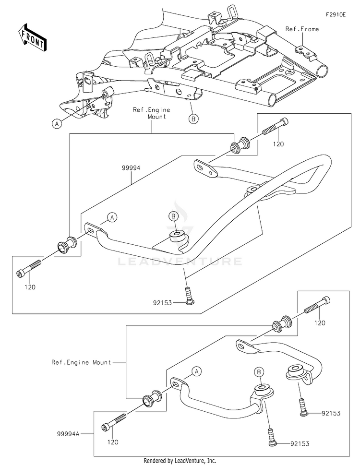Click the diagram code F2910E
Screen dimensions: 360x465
pos(336,14)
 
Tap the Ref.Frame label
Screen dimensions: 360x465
pos(302,29)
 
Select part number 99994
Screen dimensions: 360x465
pos(131,168)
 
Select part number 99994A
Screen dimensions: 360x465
pos(68,434)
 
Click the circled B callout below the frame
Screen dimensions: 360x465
pos(193,119)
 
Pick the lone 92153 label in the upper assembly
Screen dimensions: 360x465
pos(162,303)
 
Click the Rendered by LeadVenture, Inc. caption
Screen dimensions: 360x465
pos(180,461)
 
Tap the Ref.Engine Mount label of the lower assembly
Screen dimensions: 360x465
pos(81,362)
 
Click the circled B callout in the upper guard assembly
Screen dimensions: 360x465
pos(173,216)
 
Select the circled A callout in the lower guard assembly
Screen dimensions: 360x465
pos(196,371)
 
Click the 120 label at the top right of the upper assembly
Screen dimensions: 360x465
pos(278,144)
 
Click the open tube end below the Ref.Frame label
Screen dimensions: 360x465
pos(323,72)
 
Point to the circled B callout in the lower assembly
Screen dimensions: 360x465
pos(259,372)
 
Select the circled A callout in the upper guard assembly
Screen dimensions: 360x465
pos(112,217)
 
